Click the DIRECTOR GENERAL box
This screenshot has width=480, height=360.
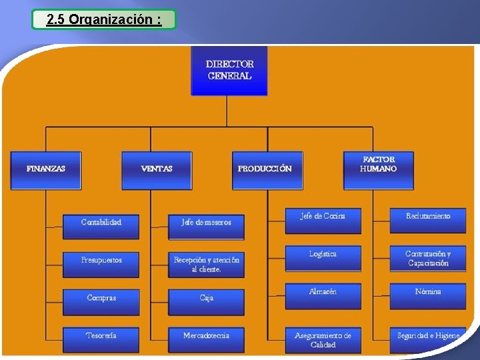[x=229, y=70]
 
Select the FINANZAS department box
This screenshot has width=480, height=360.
[x=46, y=170]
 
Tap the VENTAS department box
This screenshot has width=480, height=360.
[x=157, y=170]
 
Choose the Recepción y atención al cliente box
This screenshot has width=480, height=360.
[x=206, y=265]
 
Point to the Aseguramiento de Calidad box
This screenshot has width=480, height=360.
[x=323, y=339]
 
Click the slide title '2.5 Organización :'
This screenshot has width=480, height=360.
[x=104, y=19]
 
